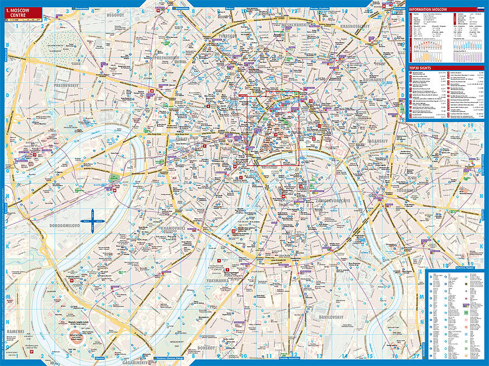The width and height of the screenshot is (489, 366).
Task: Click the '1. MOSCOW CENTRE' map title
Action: (x=23, y=12)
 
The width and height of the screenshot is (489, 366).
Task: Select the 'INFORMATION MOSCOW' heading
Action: (x=429, y=9)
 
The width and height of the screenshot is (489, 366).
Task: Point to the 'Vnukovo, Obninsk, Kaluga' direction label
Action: (x=174, y=358)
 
